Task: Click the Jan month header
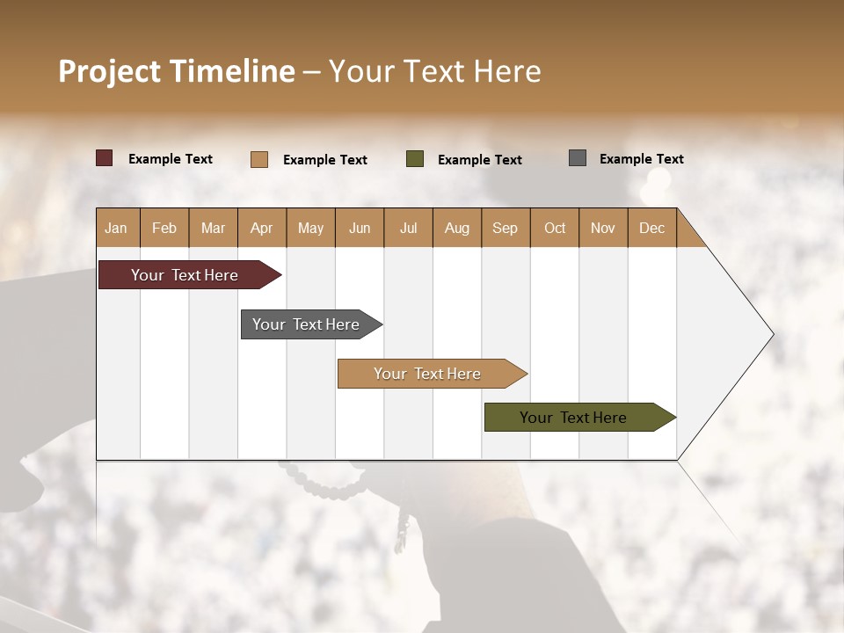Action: tap(117, 228)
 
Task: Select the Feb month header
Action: tap(164, 228)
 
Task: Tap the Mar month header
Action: tap(213, 228)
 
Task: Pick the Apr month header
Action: tap(262, 228)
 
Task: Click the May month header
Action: tap(310, 228)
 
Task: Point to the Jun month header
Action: tap(360, 228)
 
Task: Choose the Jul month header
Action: tap(408, 228)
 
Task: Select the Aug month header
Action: tap(457, 228)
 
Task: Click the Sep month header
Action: tap(506, 228)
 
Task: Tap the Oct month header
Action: tap(555, 228)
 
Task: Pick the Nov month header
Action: tap(603, 228)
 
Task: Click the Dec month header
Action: tap(652, 228)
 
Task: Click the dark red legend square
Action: tap(105, 158)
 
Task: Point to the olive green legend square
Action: tap(415, 159)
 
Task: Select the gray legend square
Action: tap(578, 158)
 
